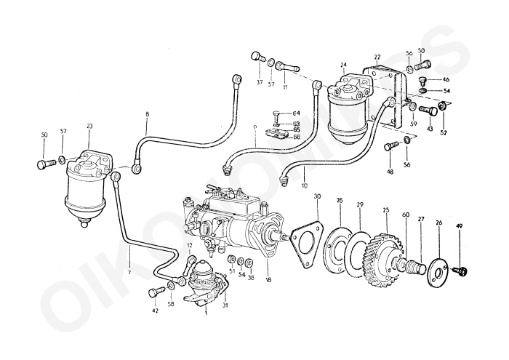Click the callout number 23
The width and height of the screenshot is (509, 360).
89,126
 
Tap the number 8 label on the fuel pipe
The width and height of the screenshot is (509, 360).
148,115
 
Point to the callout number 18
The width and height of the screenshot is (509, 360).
268,279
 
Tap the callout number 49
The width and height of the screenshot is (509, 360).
459,225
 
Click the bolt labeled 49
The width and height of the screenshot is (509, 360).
460,271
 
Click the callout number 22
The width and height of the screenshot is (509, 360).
377,57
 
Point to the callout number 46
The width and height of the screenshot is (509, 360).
446,79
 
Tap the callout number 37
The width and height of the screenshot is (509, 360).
260,83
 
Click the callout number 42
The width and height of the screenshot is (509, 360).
154,311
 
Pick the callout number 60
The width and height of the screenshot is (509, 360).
405,215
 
